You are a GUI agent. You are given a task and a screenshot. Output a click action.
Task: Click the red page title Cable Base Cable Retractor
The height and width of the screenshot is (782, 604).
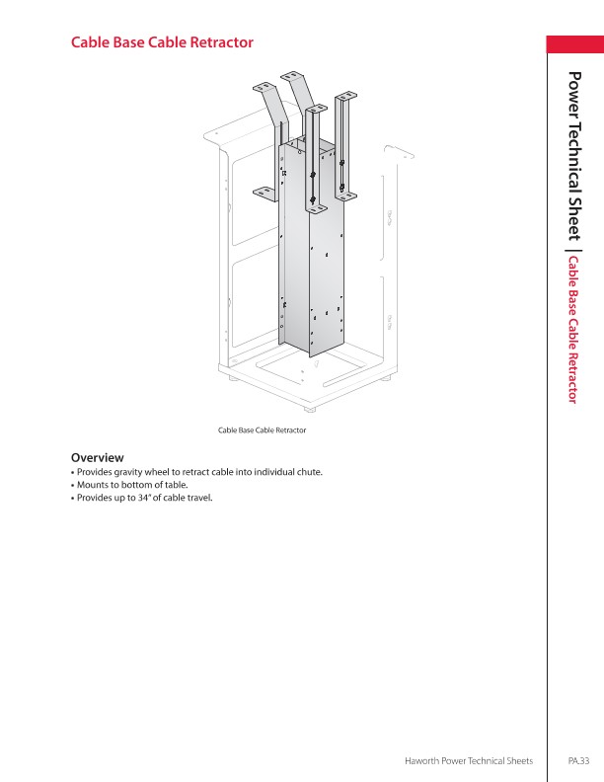(162, 43)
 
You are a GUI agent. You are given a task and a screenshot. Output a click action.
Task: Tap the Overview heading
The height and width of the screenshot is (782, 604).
(97, 457)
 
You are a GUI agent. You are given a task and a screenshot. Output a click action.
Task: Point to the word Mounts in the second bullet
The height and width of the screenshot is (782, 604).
(94, 485)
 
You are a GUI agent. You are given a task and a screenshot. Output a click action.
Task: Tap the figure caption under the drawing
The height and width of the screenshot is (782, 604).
(262, 430)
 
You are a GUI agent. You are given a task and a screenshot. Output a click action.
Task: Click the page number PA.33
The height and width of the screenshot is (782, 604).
(578, 760)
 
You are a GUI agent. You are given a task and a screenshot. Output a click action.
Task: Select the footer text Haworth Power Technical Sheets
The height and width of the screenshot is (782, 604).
(470, 760)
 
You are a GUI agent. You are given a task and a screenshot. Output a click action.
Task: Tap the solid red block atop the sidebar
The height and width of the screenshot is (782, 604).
(575, 44)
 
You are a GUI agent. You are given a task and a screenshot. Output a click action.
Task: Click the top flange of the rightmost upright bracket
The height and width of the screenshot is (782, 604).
(347, 98)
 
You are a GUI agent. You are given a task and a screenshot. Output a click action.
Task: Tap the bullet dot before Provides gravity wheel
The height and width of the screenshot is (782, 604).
(73, 472)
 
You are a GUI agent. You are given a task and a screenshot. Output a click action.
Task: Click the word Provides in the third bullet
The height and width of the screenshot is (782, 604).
(95, 498)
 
